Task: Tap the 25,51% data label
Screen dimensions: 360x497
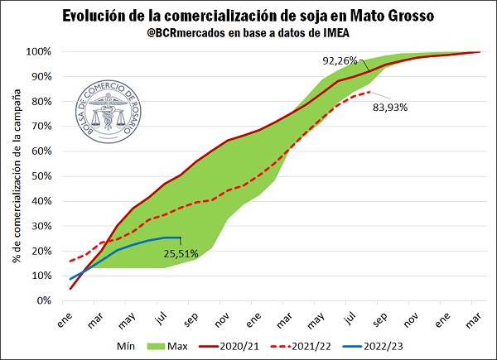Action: pos(180,254)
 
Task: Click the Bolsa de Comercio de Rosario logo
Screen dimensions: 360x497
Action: pos(109,113)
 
